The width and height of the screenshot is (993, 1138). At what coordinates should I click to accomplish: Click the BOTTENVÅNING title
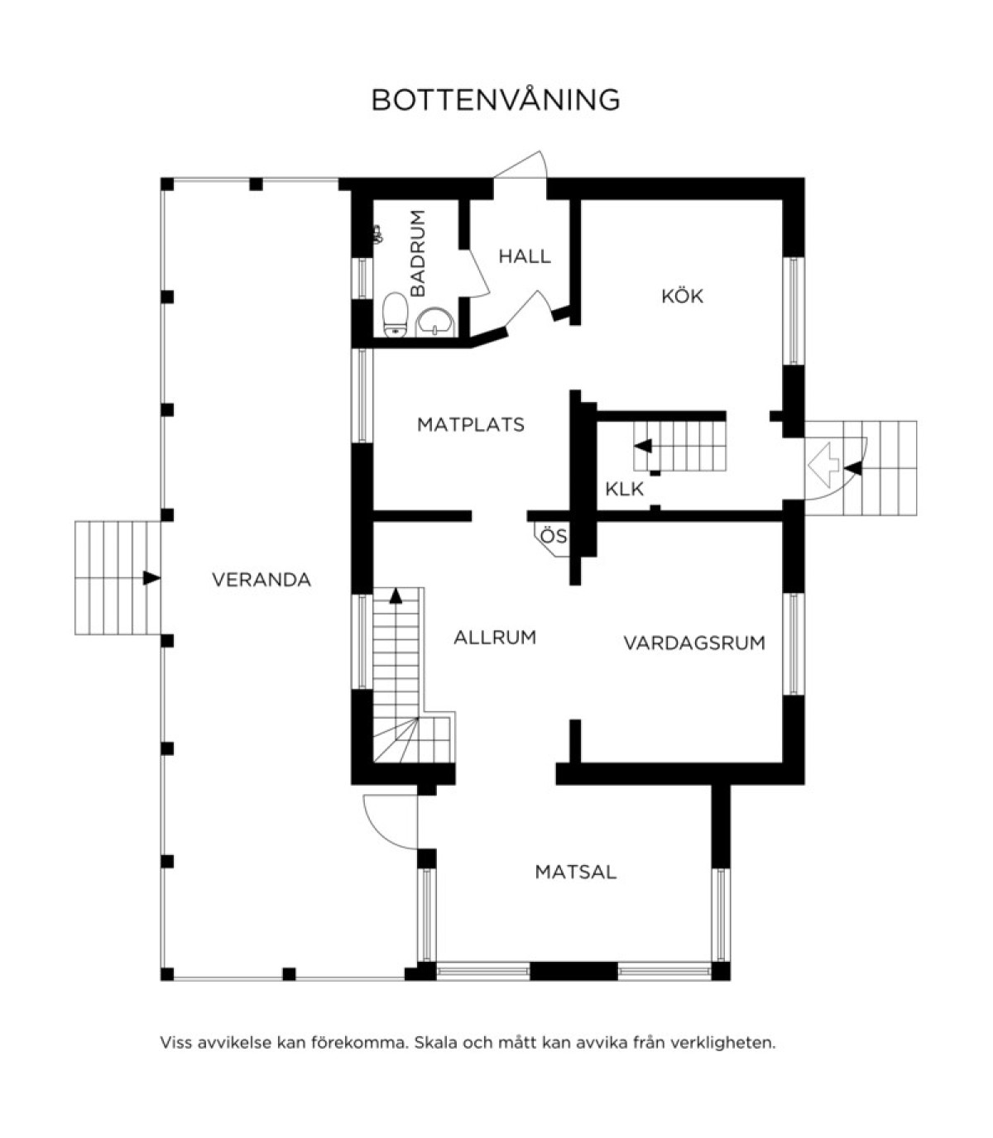pos(495,100)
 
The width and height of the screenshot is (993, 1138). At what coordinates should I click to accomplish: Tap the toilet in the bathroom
pos(395,315)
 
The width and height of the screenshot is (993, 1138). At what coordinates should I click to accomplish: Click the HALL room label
pos(525,256)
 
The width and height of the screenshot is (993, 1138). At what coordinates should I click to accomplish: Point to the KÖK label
pos(682,295)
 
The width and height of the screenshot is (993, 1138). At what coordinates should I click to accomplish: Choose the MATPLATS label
pos(471,425)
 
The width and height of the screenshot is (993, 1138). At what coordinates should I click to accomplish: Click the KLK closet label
pos(624,490)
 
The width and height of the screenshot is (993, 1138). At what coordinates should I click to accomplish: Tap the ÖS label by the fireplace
pos(554,536)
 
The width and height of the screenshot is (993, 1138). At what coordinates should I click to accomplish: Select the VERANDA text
pos(261,580)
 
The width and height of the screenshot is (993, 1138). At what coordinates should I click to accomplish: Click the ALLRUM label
pos(495,638)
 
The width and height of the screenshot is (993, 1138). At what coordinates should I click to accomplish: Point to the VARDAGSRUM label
pos(694,643)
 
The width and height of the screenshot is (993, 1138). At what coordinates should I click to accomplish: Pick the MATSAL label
pos(576,873)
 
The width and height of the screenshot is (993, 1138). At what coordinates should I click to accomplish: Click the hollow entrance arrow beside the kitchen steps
pos(823,465)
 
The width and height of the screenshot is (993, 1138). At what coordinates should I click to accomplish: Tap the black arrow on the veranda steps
pos(151,578)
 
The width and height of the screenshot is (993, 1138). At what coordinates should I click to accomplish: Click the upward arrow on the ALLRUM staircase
pos(396,595)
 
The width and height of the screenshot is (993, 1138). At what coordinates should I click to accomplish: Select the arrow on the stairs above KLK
pos(644,446)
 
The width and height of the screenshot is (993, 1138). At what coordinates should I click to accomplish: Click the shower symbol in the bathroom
pos(377,234)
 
